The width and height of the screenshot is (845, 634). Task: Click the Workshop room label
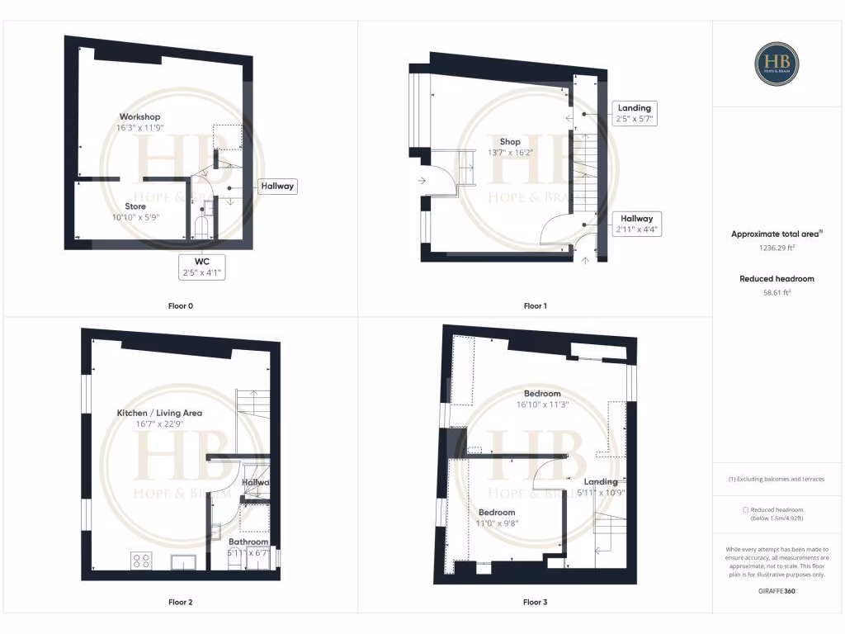click(139, 116)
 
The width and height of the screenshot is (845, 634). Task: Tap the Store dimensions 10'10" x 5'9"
click(136, 217)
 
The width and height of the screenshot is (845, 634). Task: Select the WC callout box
click(202, 266)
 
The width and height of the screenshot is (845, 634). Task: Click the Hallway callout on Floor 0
click(277, 187)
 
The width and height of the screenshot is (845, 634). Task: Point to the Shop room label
click(510, 141)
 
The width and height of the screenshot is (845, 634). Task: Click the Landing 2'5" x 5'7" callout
click(634, 113)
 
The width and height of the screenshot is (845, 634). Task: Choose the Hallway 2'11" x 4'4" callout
click(635, 224)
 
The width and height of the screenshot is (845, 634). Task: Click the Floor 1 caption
click(535, 306)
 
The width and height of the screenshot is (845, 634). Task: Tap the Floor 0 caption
click(179, 306)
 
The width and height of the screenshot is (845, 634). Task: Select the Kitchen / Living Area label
click(159, 413)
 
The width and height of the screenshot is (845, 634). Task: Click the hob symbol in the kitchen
click(141, 561)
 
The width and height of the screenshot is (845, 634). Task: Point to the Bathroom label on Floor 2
click(248, 542)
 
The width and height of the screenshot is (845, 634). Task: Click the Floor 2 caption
click(179, 603)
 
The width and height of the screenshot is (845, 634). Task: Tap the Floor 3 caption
click(535, 603)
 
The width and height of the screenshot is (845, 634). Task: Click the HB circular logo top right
click(777, 64)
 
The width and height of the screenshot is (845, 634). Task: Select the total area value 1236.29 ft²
click(777, 248)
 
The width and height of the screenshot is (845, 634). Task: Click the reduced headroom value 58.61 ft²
click(777, 292)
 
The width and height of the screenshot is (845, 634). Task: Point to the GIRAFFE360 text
click(777, 591)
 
